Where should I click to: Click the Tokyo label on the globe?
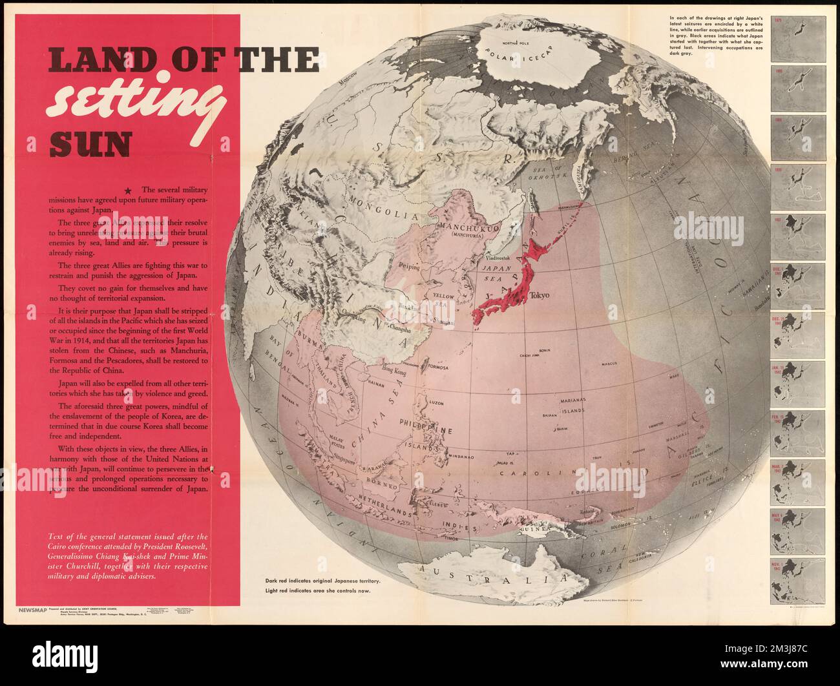pyautogui.click(x=539, y=295)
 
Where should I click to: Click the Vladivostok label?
pyautogui.click(x=498, y=258)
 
